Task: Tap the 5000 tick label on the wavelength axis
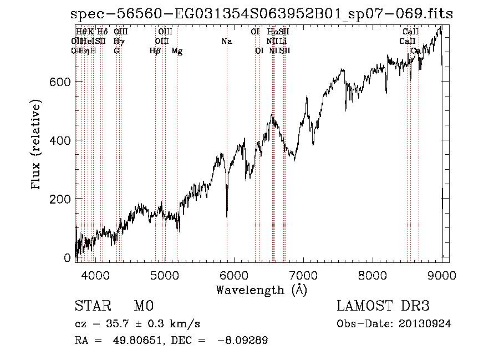165,275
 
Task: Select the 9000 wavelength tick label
442,275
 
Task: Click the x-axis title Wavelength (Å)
261,290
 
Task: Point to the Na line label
226,42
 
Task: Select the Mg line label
177,51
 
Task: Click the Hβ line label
155,51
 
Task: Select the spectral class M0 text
143,307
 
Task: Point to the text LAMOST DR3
383,307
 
